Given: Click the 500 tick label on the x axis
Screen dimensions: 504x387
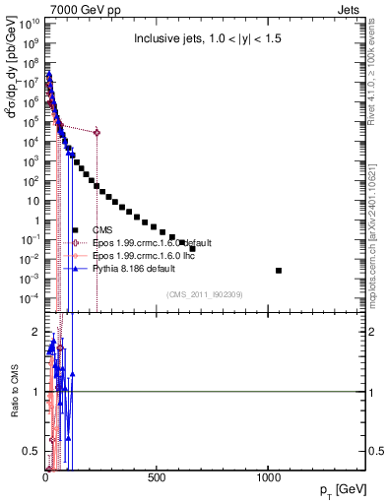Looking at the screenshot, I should coord(157,478).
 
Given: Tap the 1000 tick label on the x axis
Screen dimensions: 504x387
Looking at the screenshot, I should coord(268,478).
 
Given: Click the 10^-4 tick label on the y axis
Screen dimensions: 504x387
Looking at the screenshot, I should coord(27,298).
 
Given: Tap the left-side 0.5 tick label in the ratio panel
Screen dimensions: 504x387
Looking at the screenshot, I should coord(31,451).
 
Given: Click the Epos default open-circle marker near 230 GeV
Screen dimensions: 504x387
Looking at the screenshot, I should coord(97,132).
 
